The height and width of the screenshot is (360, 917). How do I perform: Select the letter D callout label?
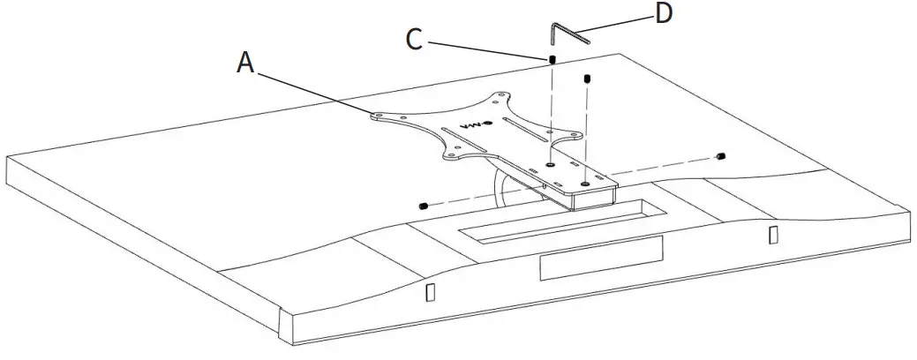[665, 14]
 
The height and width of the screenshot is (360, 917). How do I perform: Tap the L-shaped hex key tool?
[565, 34]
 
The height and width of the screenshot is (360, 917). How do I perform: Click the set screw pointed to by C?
[552, 60]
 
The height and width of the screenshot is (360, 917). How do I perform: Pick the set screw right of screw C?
[586, 81]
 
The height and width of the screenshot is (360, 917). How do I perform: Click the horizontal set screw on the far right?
[721, 157]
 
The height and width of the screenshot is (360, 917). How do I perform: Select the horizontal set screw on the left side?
[423, 205]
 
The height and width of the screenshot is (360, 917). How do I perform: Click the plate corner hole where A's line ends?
[377, 114]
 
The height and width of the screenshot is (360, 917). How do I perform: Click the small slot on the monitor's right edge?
[773, 235]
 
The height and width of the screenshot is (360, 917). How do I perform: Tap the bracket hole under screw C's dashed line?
[550, 164]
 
